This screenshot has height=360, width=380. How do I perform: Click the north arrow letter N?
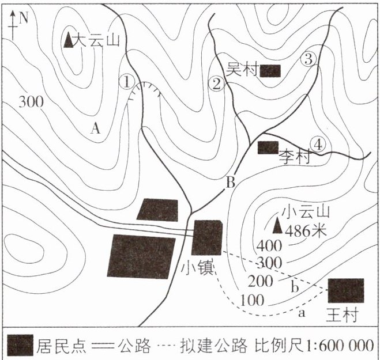(24, 17)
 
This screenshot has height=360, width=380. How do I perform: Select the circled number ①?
(127, 81)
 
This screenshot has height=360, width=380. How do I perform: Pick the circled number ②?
(217, 85)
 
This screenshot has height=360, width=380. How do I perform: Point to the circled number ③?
(309, 59)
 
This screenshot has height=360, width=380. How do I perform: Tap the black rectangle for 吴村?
(270, 71)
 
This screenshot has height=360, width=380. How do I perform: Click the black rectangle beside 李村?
(268, 147)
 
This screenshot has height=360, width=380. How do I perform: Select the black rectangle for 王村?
(346, 291)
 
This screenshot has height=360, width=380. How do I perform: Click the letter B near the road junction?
(230, 184)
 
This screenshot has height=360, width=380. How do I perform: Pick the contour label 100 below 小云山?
(251, 301)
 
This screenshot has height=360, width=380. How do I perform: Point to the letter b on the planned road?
(295, 287)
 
